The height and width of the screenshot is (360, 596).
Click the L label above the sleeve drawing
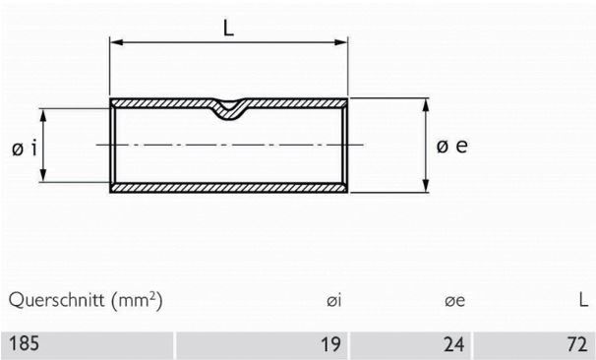tap(228, 29)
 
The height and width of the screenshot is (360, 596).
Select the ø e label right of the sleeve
tap(451, 146)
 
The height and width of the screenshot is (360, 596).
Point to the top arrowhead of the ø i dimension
tap(44, 112)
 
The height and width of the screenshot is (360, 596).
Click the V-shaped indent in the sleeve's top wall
tap(228, 109)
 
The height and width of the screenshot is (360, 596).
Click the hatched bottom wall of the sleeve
tap(228, 187)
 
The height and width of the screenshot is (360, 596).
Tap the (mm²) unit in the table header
tap(137, 298)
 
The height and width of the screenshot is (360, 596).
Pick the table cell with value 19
tap(331, 344)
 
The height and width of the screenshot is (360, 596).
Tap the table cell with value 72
tap(576, 344)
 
